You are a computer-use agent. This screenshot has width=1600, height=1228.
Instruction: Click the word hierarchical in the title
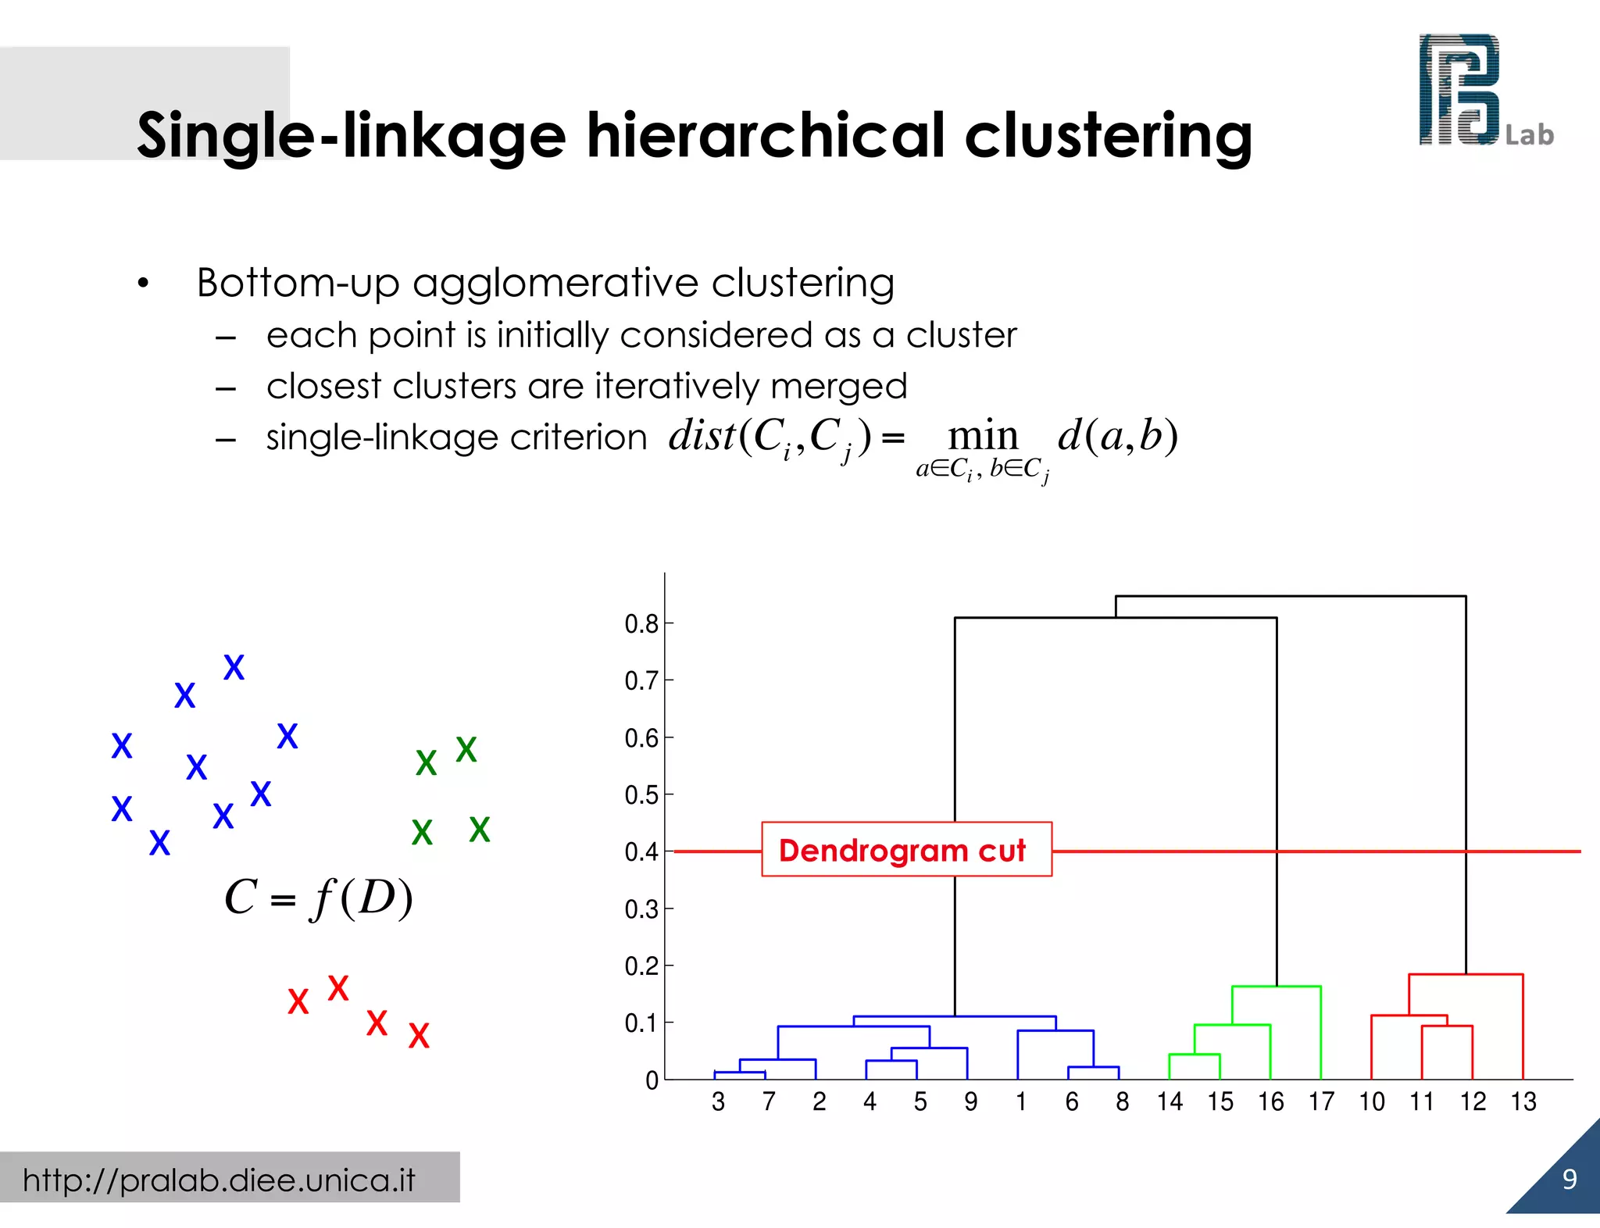pos(767,137)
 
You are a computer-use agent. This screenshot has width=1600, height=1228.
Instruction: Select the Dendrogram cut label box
pos(906,850)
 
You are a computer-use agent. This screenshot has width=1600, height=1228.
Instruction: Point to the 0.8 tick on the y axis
pos(642,624)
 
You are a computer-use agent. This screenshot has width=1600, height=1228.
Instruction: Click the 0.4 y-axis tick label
pos(642,852)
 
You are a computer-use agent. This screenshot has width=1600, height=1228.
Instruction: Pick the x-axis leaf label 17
pos(1321,1102)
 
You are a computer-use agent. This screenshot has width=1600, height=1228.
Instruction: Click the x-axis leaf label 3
pos(718,1102)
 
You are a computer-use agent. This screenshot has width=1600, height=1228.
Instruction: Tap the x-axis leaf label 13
pos(1523,1102)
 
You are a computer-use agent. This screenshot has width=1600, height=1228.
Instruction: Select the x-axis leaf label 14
pos(1170,1102)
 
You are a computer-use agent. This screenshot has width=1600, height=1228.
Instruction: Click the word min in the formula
pos(983,436)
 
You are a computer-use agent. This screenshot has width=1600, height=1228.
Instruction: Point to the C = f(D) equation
pos(318,898)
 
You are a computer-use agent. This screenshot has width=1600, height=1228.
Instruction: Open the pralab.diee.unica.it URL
pos(219,1180)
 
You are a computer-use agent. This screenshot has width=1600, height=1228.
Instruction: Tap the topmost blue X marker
pos(234,668)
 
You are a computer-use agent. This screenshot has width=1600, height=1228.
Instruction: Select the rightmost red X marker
pos(419,1037)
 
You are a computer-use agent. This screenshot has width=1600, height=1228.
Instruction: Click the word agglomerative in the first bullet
pos(555,283)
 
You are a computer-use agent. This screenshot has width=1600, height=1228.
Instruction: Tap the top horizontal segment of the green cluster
pos(1276,987)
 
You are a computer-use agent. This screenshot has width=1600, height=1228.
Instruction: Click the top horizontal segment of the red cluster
pos(1466,975)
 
